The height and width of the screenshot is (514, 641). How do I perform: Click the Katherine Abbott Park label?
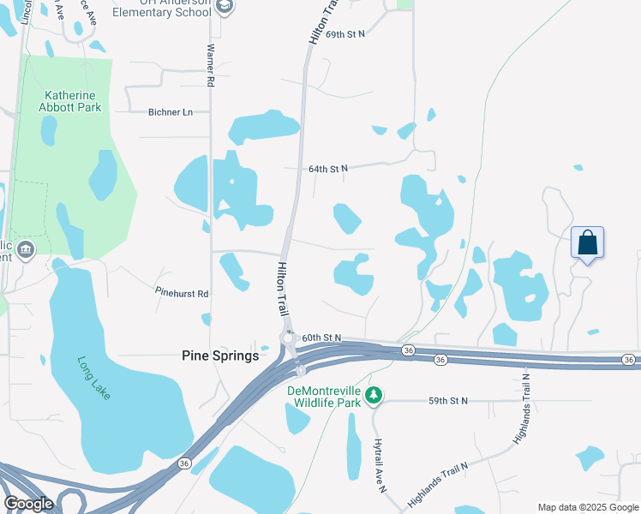click(x=70, y=101)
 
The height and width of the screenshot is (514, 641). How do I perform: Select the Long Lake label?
click(x=94, y=378)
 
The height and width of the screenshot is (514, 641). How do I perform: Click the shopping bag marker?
click(x=587, y=242)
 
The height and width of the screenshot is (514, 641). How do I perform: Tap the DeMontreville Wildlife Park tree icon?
click(x=373, y=396)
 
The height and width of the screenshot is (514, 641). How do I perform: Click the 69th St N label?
click(x=345, y=33)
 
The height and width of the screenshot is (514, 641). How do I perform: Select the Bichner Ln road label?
click(x=171, y=112)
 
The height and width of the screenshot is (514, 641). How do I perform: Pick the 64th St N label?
click(x=328, y=169)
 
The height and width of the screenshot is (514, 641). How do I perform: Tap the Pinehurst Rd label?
click(x=182, y=293)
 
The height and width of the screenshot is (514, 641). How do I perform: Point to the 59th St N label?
click(x=449, y=400)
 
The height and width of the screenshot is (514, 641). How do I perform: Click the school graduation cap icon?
click(x=225, y=8)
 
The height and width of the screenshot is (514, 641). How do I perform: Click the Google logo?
click(x=28, y=504)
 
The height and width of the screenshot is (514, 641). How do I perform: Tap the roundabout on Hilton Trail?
click(x=288, y=338)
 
